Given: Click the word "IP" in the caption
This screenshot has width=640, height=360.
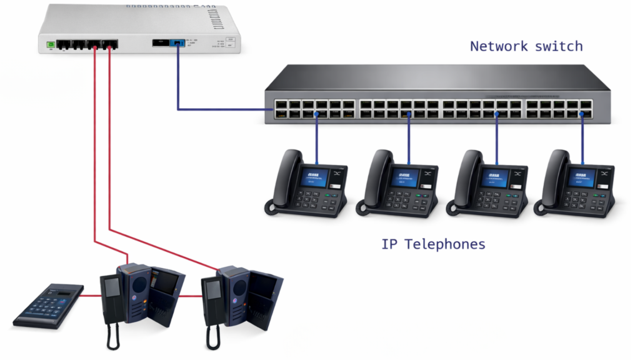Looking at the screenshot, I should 389,244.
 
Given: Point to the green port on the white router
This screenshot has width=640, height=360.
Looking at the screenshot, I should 51,45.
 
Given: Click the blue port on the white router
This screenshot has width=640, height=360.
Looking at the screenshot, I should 177,44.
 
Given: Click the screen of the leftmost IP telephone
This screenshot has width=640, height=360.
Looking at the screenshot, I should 314,177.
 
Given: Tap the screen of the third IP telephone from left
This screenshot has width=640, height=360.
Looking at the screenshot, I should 494,177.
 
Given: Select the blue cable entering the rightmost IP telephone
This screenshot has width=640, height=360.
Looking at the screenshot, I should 583,134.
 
